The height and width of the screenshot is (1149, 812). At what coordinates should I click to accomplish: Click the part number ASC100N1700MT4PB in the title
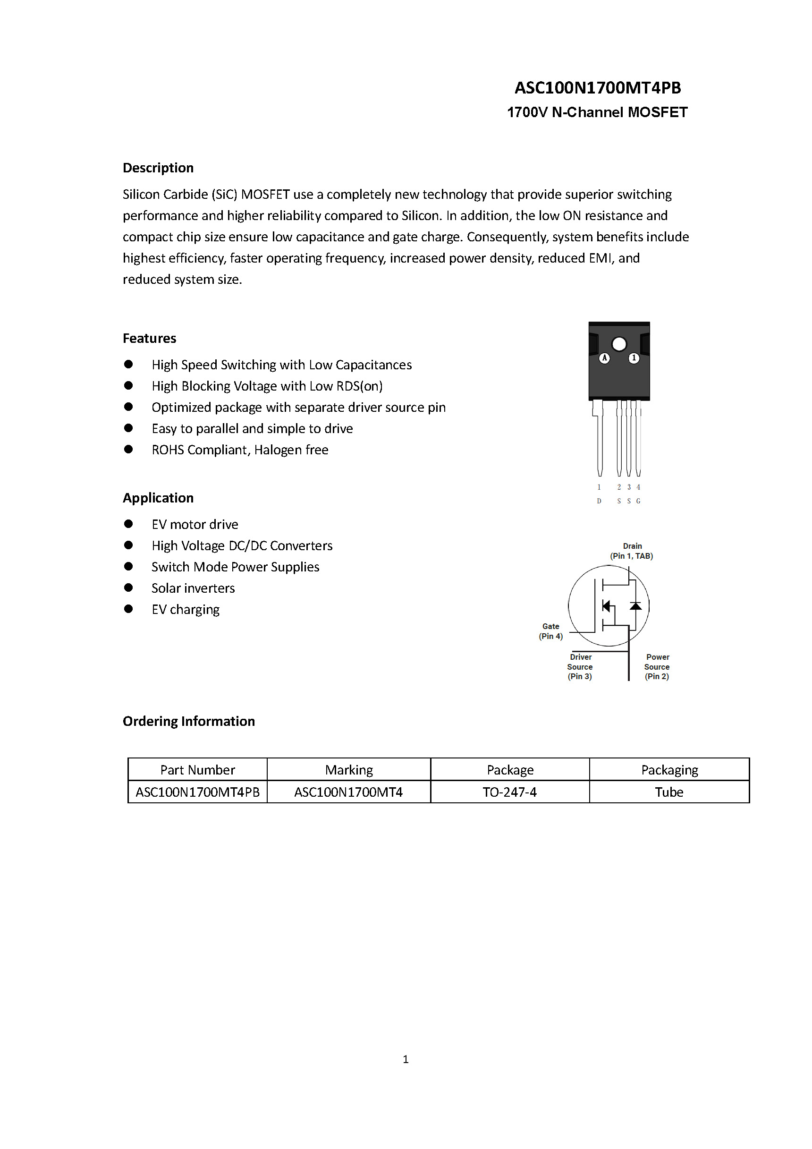point(597,88)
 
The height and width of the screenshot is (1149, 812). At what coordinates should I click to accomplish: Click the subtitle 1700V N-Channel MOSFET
point(597,112)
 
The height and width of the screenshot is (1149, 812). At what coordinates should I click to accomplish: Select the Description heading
point(158,168)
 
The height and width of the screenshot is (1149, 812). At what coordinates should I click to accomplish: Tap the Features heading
point(150,338)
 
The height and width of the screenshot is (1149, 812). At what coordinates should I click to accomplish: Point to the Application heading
point(158,498)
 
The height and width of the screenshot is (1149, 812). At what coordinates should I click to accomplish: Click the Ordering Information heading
point(189,721)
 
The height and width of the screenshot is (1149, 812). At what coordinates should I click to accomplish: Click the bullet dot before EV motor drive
point(128,524)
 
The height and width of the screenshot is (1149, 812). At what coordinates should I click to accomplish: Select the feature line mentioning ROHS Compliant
point(240,450)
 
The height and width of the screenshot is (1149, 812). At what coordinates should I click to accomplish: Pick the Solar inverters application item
point(193,588)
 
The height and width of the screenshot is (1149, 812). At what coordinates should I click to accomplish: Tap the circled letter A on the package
point(604,358)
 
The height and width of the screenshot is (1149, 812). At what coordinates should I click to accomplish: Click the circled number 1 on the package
point(634,358)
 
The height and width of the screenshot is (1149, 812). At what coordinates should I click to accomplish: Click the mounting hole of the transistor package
point(619,344)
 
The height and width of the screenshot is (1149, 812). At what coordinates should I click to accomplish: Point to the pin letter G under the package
point(638,501)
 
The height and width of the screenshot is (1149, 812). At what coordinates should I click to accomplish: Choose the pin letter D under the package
point(599,501)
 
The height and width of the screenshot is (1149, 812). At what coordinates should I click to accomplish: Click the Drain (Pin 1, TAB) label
point(631,551)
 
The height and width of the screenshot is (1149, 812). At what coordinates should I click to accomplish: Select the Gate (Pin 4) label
point(551,631)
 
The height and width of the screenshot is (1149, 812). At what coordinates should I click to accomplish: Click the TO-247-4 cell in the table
point(510,792)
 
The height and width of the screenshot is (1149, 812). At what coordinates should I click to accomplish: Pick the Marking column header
point(349,770)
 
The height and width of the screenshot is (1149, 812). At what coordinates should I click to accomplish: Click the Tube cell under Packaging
point(669,792)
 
